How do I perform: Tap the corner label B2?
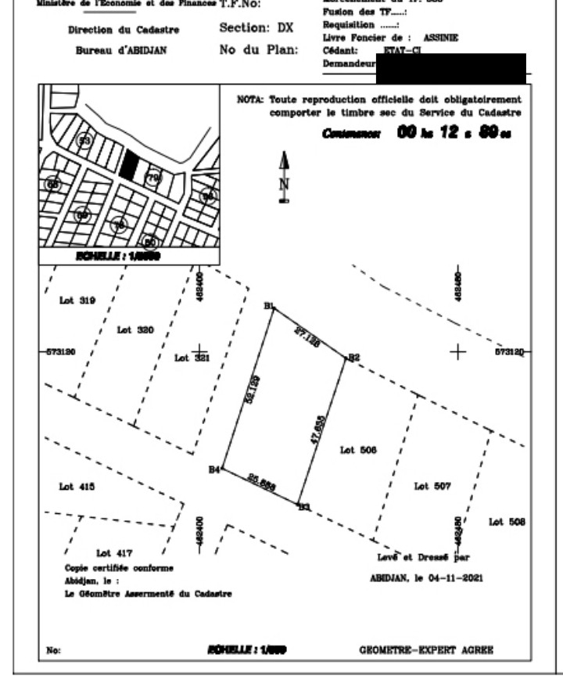pos(353,358)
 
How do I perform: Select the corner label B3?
pos(303,507)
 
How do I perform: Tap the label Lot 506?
pos(359,450)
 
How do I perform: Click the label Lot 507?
pos(432,486)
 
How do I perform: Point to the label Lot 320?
pos(135,330)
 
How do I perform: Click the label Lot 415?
pos(77,487)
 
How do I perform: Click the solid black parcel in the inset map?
pos(130,165)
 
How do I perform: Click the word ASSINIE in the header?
pos(441,37)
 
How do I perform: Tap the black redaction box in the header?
pos(450,68)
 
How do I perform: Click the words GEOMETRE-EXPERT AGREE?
pos(426,649)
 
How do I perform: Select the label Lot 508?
pos(507,522)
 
